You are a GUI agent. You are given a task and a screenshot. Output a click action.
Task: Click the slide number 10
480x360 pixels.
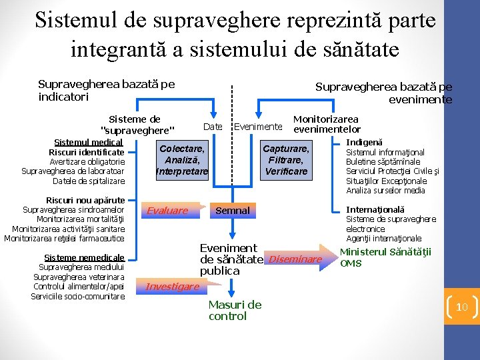[x=461, y=307]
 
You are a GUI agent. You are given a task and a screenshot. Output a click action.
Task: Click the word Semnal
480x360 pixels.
[x=232, y=211]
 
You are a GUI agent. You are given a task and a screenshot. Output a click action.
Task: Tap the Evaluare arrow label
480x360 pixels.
[x=168, y=211]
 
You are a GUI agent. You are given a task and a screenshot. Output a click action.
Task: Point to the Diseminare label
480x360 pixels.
[x=295, y=259]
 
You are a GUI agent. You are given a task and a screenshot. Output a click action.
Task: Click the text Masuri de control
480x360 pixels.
[x=235, y=310]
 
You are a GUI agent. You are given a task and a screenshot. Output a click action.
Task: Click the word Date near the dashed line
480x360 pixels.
[x=212, y=127]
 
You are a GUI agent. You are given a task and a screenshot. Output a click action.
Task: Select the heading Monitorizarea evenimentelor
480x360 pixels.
[x=327, y=124]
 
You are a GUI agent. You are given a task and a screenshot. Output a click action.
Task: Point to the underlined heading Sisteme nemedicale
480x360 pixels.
[x=84, y=257]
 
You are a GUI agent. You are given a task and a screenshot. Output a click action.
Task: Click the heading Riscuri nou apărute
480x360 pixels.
[x=85, y=200]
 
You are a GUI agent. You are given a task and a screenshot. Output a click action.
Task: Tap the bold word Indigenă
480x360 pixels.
[x=365, y=142]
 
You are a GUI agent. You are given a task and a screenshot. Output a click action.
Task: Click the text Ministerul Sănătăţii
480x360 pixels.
[x=386, y=252]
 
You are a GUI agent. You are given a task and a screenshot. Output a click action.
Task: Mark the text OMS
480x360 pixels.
[x=351, y=263]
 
